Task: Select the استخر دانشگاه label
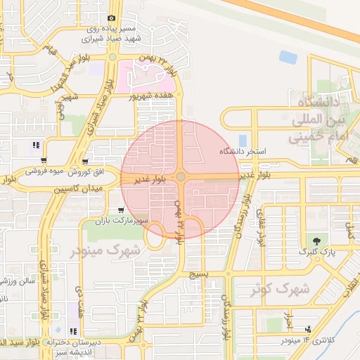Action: pos(243,151)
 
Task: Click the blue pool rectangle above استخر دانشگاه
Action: pos(243,141)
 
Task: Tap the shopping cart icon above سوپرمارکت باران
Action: pos(122,210)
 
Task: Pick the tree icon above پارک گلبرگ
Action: pos(314,240)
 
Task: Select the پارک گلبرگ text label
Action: pos(314,251)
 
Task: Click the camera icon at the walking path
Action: pos(111,18)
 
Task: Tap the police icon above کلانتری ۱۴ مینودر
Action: pos(307,329)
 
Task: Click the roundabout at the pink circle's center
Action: pos(181,177)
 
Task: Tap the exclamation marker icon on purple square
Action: pos(35,146)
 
